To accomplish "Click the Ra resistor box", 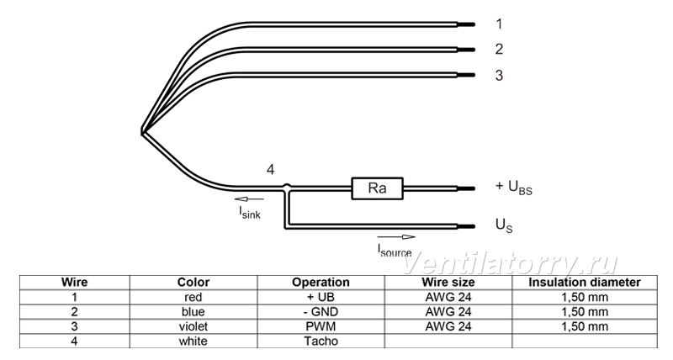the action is [x=377, y=188].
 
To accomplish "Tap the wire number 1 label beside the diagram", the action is [x=499, y=24].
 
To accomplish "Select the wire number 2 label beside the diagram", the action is [x=499, y=50].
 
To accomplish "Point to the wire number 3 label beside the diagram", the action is [x=499, y=75].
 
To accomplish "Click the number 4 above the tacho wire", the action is [x=270, y=170].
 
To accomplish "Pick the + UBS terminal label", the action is [x=514, y=187].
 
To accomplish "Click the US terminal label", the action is [x=504, y=225].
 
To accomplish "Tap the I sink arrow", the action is [x=249, y=199].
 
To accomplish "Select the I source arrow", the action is [x=396, y=237].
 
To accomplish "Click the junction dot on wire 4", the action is [x=287, y=187].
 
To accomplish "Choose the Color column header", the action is [x=193, y=283].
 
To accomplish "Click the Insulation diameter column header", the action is [x=584, y=283].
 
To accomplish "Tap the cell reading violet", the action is [x=193, y=326].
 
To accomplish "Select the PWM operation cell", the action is [x=321, y=326].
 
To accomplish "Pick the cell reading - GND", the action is [x=321, y=311].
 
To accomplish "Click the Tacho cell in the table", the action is [x=321, y=341].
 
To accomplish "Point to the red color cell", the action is [x=193, y=297].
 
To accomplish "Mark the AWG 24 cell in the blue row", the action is [x=448, y=311].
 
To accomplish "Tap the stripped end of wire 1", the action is [x=466, y=24].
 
